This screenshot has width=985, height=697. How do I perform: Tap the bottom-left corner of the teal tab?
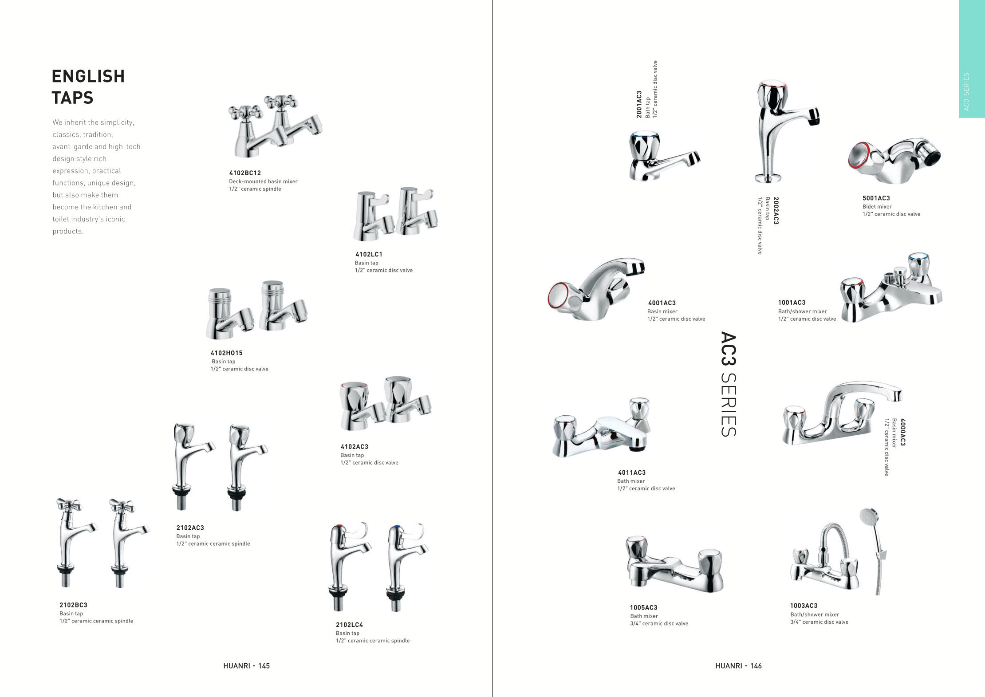(x=959, y=118)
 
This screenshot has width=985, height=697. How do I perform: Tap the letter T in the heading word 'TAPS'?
(x=57, y=98)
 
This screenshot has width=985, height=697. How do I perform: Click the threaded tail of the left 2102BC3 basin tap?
(x=67, y=579)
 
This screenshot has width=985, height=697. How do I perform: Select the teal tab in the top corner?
(x=972, y=59)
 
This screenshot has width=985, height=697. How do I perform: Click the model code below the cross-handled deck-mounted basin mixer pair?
(x=245, y=173)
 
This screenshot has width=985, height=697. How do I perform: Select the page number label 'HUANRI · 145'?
(x=246, y=665)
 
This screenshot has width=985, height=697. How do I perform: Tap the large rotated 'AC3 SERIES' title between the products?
(x=728, y=384)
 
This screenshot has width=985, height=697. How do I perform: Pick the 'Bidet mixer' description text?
(x=877, y=206)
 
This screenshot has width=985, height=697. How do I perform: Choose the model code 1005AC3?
(x=643, y=607)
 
